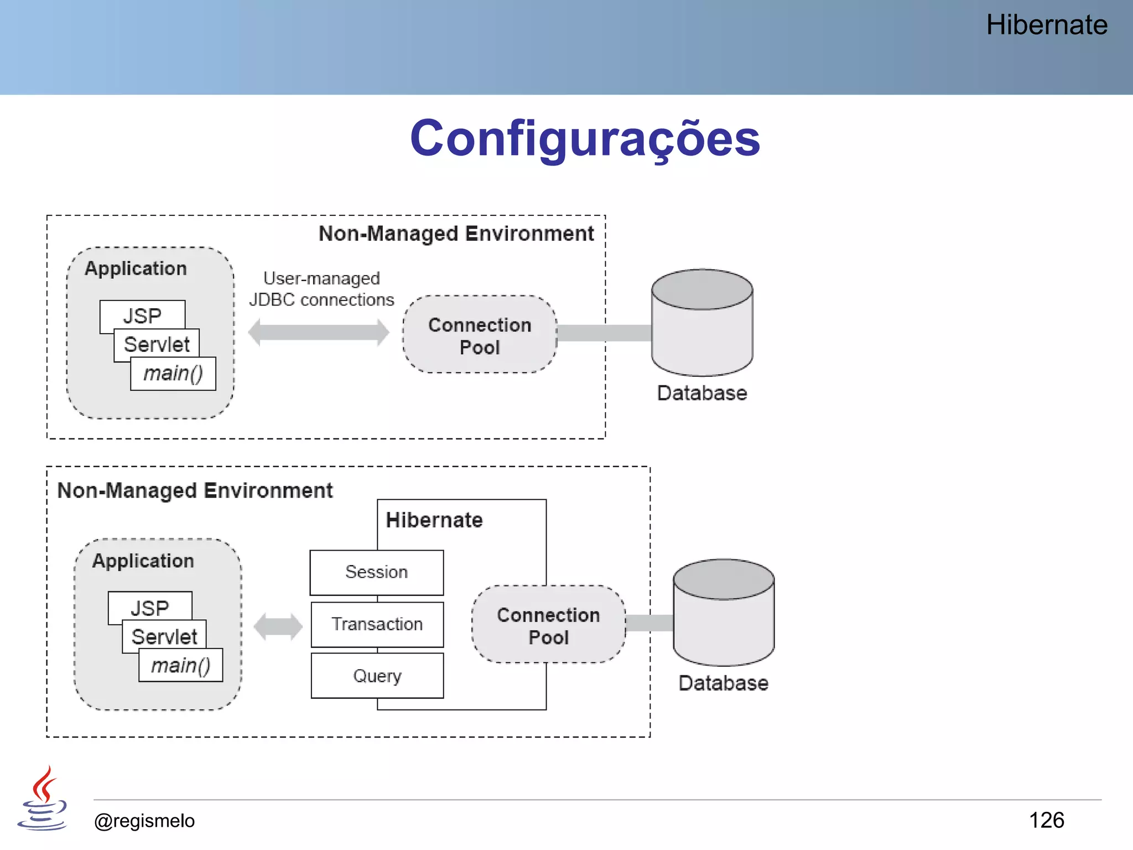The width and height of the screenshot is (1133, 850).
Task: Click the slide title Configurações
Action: pyautogui.click(x=585, y=138)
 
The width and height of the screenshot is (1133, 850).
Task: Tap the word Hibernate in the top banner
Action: pyautogui.click(x=1046, y=25)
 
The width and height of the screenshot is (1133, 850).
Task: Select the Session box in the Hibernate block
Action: pyautogui.click(x=376, y=572)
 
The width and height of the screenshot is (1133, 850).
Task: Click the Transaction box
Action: pyautogui.click(x=377, y=624)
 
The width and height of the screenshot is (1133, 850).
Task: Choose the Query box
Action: pyautogui.click(x=377, y=676)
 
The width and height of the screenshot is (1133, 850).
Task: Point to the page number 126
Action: pyautogui.click(x=1046, y=820)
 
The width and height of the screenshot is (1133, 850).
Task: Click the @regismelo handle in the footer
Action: pyautogui.click(x=144, y=821)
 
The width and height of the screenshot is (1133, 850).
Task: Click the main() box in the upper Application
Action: pyautogui.click(x=173, y=374)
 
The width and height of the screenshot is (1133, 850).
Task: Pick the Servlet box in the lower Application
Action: pyautogui.click(x=164, y=636)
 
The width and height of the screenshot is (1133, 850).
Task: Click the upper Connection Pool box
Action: pyautogui.click(x=480, y=335)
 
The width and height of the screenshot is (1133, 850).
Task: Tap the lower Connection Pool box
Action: pyautogui.click(x=548, y=625)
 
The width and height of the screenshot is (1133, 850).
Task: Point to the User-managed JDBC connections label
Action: pyautogui.click(x=321, y=289)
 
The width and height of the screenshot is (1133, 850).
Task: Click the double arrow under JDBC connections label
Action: pyautogui.click(x=319, y=333)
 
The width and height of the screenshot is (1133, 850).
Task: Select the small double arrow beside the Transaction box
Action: pyautogui.click(x=278, y=626)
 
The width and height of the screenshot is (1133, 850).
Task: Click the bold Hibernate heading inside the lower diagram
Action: pyautogui.click(x=434, y=520)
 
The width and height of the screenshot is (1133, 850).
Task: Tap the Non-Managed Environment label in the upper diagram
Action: pyautogui.click(x=456, y=234)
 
